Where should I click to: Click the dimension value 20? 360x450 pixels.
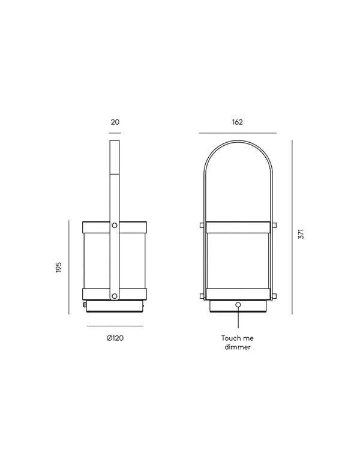(115, 122)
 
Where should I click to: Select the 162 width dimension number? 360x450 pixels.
(237, 122)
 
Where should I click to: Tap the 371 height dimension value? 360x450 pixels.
(302, 235)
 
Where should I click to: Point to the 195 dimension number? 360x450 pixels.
(58, 267)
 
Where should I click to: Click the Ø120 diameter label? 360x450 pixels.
(115, 338)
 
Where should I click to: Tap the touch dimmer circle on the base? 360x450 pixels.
(238, 305)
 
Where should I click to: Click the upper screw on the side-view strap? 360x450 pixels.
(115, 226)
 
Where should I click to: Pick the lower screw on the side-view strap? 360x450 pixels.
(115, 294)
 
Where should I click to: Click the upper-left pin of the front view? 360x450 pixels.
(200, 226)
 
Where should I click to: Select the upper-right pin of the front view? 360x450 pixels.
(275, 226)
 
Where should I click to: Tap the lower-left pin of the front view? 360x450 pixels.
(200, 294)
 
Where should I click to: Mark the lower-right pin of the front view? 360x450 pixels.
(275, 294)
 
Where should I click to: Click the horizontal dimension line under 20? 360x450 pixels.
(115, 133)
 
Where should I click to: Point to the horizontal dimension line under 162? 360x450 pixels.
(237, 133)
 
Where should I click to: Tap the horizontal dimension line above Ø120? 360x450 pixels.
(115, 326)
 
